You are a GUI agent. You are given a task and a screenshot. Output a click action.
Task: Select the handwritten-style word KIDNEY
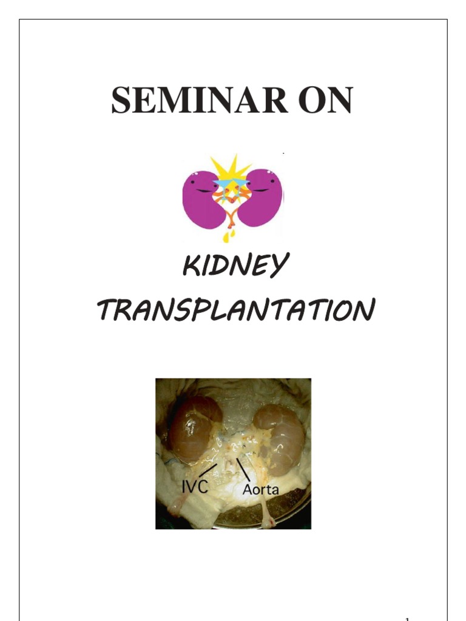(x=232, y=267)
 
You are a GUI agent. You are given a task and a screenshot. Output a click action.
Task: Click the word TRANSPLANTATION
(x=232, y=312)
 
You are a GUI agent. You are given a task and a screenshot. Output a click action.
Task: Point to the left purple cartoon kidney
(x=200, y=197)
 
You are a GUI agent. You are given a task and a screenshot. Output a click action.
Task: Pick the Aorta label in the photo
(x=260, y=489)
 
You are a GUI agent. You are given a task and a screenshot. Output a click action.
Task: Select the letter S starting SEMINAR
(x=120, y=101)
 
